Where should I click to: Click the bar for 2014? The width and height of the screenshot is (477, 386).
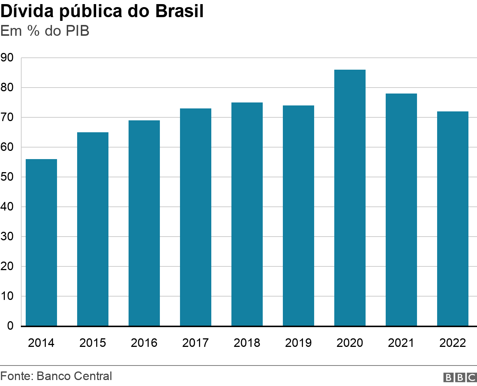(41, 242)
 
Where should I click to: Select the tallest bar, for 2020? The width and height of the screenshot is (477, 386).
(350, 197)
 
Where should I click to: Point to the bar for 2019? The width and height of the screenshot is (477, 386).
(298, 216)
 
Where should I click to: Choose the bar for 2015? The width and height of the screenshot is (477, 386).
(92, 229)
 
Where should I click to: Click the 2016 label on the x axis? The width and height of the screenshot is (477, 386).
(144, 343)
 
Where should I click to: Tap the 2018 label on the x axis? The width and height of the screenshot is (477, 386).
(247, 343)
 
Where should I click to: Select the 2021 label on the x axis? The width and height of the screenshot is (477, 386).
(401, 343)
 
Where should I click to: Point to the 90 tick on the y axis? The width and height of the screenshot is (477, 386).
(7, 58)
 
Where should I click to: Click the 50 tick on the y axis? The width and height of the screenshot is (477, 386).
(7, 177)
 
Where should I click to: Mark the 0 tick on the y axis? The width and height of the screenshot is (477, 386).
(10, 326)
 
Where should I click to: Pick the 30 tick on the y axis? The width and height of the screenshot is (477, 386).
(7, 237)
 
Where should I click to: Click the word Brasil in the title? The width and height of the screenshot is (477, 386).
(179, 11)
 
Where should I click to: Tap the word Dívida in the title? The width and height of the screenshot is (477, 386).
(27, 11)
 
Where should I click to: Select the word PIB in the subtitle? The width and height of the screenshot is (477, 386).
(78, 31)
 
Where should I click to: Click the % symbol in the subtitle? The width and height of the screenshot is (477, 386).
(33, 31)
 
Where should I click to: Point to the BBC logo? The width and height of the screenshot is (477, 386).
(460, 377)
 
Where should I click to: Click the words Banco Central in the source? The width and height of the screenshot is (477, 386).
(74, 376)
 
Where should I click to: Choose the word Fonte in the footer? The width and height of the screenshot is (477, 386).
(16, 376)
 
